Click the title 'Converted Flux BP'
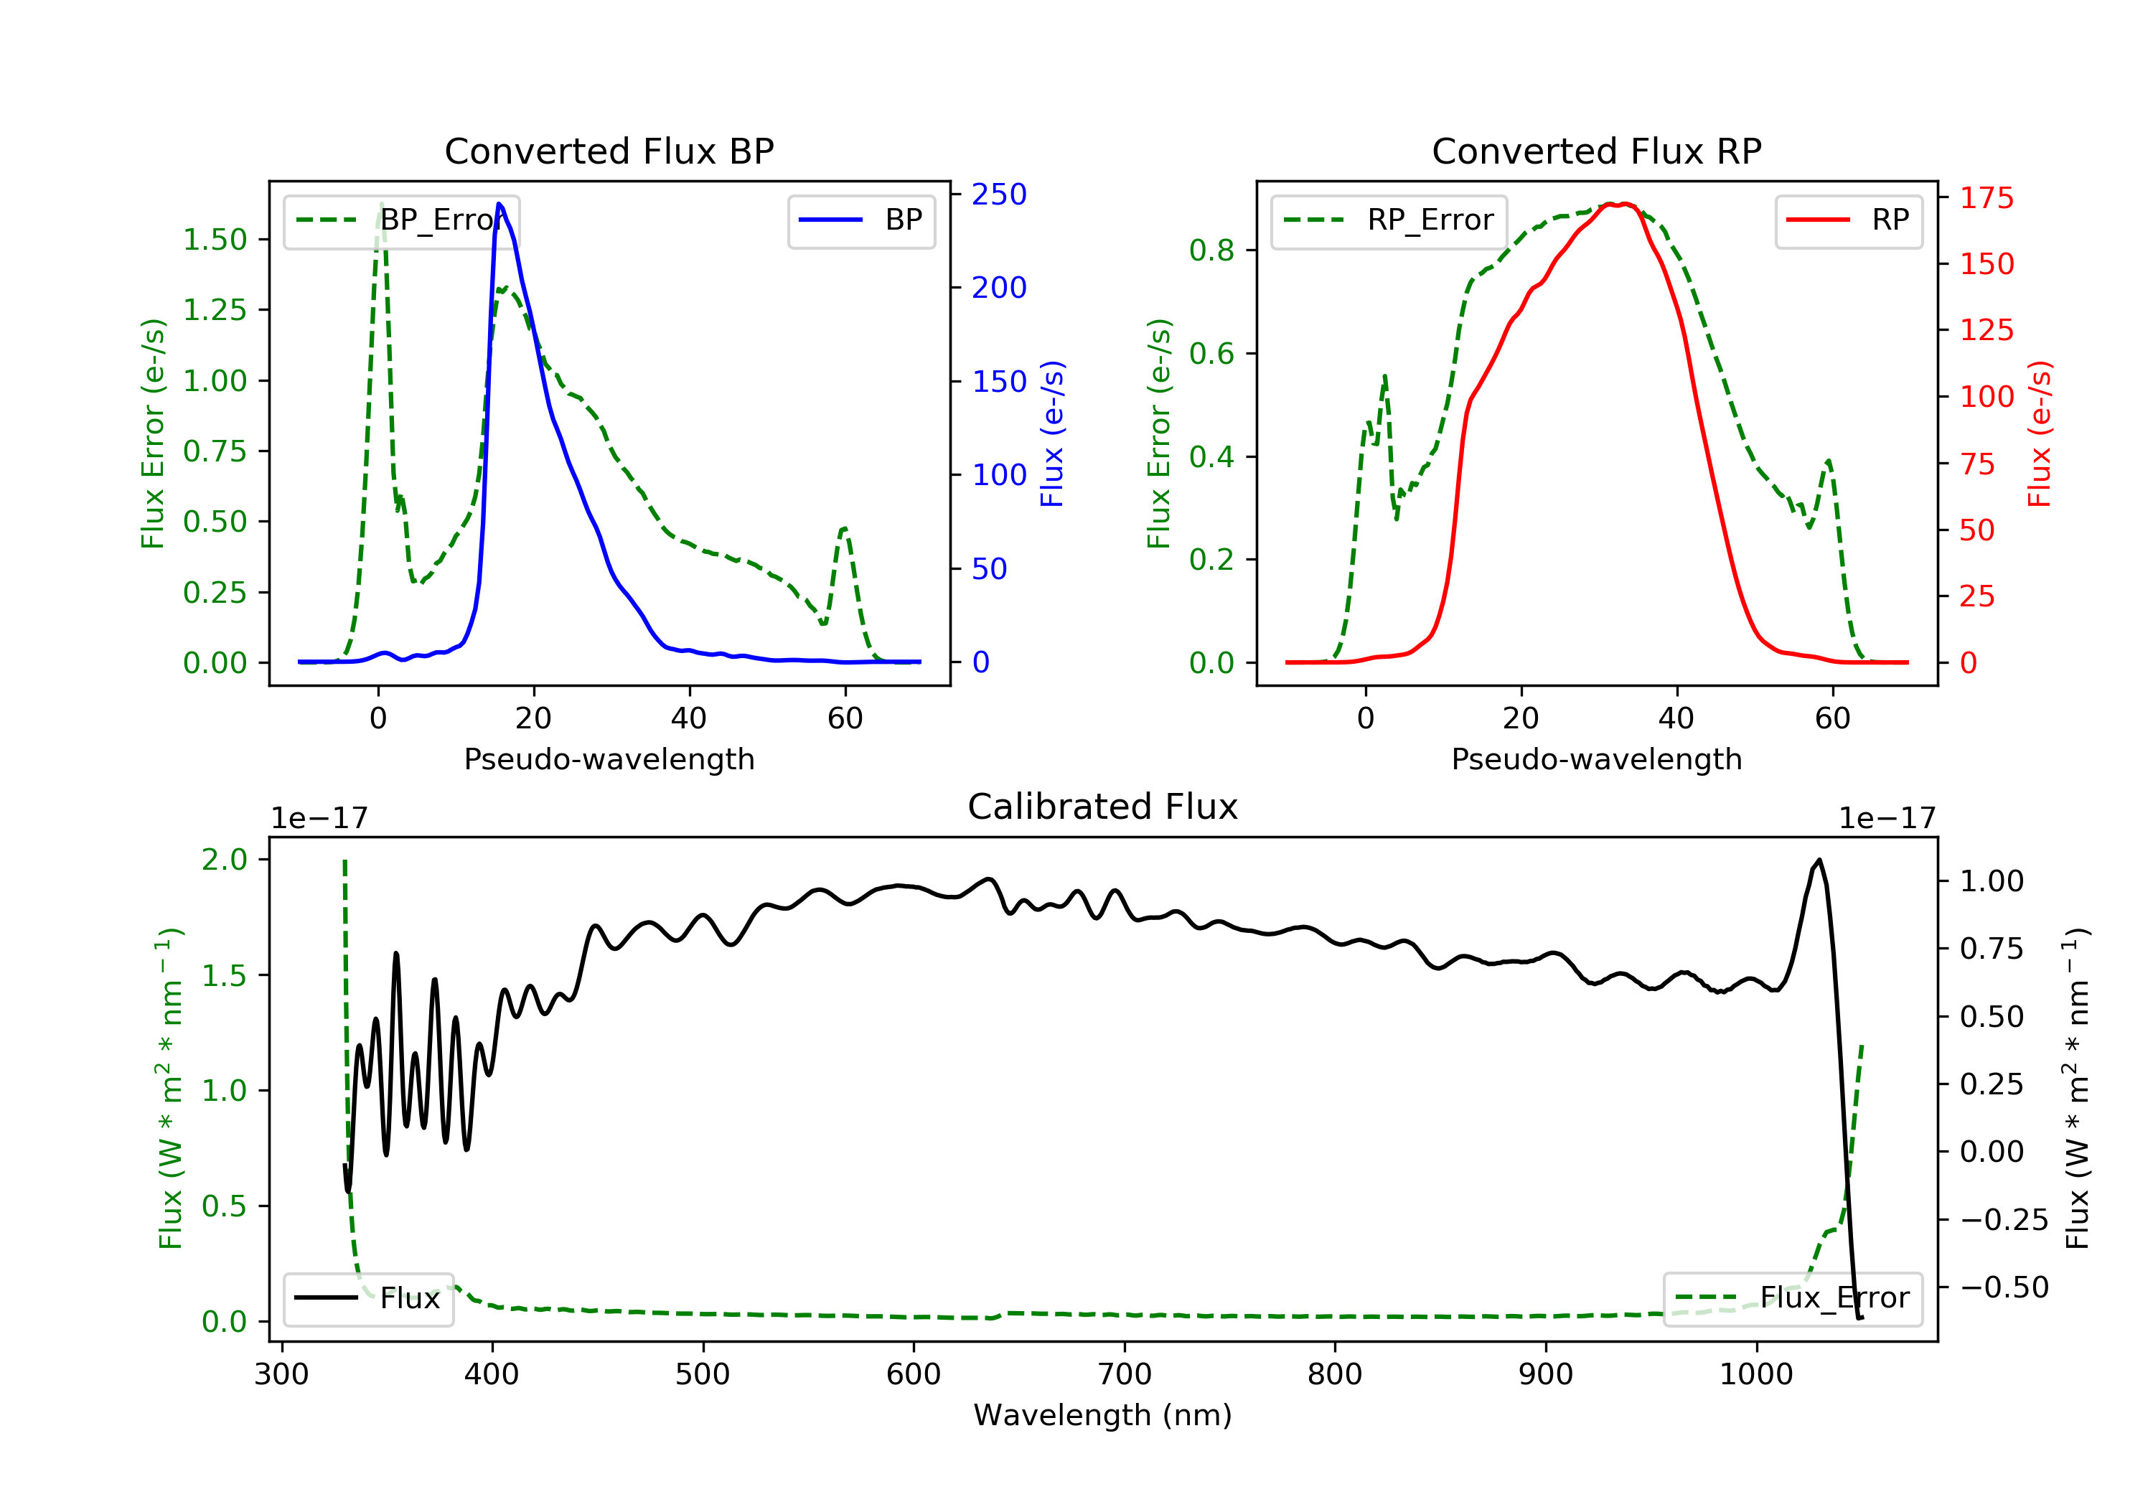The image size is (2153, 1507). coord(609,151)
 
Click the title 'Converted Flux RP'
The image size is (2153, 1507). coord(1596,151)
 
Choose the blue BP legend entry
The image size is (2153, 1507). coord(860,220)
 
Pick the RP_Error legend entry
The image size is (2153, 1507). coord(1389,220)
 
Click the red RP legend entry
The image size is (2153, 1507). coord(1848,220)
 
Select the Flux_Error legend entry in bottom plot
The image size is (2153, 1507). coord(1792,1298)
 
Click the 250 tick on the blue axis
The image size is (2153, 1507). coord(999,194)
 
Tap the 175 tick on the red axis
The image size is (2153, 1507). coord(1986,198)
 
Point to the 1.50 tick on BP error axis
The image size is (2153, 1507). coord(215,240)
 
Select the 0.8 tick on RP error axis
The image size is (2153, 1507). coord(1211,250)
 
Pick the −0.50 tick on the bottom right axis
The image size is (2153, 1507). coord(2004,1287)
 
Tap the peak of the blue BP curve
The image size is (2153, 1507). coord(499,204)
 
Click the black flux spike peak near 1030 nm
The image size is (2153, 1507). coord(1819,860)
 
